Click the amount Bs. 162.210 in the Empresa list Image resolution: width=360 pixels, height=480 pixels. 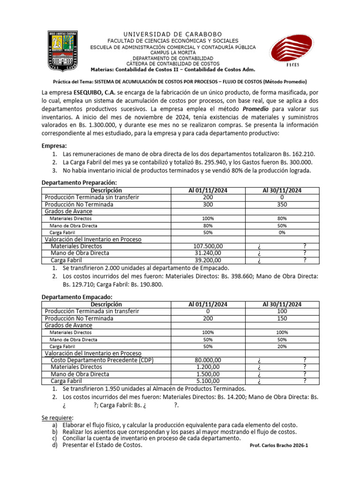click(x=298, y=154)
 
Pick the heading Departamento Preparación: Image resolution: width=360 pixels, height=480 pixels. click(x=79, y=182)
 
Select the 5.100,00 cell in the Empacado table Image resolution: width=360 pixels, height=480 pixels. click(x=212, y=381)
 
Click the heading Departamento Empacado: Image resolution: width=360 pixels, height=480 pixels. click(x=77, y=297)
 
